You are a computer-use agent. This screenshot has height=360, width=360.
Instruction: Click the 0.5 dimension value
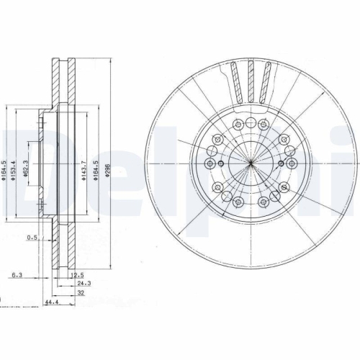tap(32, 236)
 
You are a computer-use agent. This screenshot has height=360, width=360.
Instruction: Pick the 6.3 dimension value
tap(17, 274)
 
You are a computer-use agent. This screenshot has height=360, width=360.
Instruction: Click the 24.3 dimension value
tap(78, 284)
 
